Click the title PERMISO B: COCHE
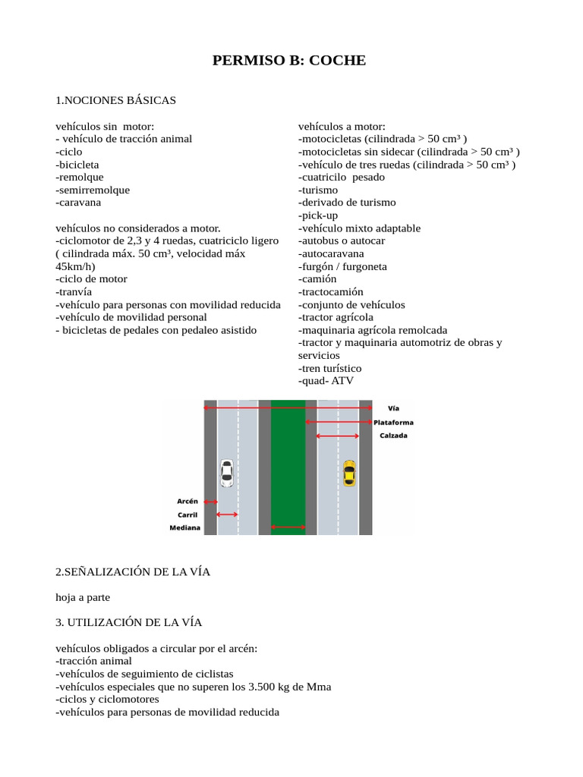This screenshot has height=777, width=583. click(289, 60)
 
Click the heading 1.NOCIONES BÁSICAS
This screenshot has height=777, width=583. click(115, 100)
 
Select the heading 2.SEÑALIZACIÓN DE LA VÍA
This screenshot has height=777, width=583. click(133, 572)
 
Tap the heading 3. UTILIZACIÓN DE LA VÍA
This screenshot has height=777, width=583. click(128, 623)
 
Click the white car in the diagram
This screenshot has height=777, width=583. click(226, 473)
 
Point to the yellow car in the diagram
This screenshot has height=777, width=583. click(348, 473)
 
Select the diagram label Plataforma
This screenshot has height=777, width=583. click(394, 422)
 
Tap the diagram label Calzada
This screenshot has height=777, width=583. click(394, 436)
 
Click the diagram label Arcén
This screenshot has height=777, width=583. click(188, 501)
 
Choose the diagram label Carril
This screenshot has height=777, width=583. click(188, 514)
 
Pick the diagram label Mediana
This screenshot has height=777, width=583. click(185, 528)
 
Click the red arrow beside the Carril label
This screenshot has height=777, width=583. click(227, 514)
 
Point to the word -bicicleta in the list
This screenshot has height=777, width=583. click(77, 164)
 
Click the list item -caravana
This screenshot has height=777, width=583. click(78, 203)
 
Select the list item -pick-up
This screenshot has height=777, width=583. click(318, 215)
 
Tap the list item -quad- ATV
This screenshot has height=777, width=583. click(326, 381)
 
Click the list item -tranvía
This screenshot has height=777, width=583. click(74, 291)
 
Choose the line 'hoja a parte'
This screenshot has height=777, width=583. click(88, 598)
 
